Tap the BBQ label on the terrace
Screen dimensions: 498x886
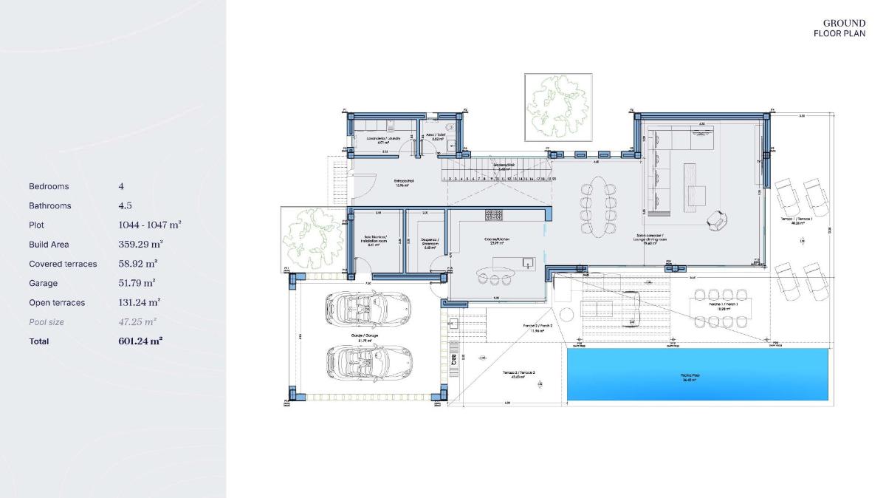(x=453, y=360)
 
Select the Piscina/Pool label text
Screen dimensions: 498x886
(x=690, y=378)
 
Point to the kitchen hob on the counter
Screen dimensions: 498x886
(x=493, y=214)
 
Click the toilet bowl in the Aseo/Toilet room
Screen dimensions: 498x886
(x=448, y=126)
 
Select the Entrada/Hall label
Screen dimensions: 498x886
(x=402, y=183)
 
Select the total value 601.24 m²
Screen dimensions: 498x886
(x=140, y=341)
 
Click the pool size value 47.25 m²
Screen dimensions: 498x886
(x=137, y=322)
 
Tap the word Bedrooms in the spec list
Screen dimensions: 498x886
(x=49, y=186)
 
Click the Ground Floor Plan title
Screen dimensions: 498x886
(x=839, y=28)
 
